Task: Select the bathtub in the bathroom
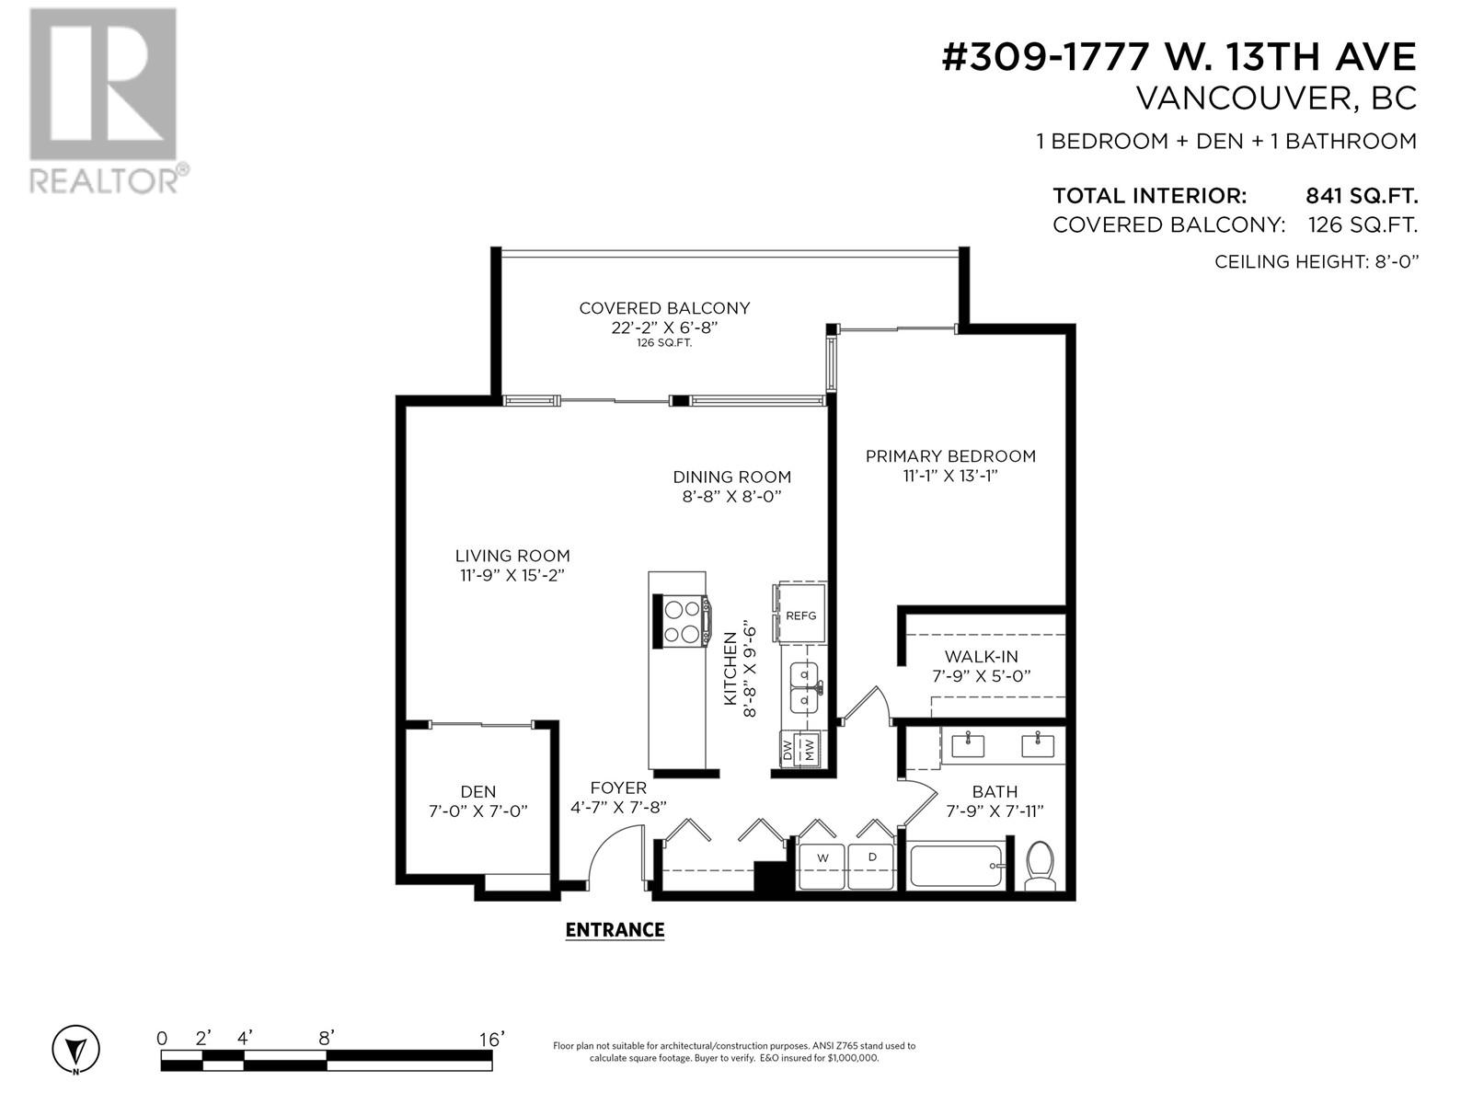tap(956, 867)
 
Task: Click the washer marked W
tap(822, 866)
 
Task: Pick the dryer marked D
tap(872, 866)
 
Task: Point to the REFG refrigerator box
tap(800, 615)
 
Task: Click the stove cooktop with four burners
tap(682, 621)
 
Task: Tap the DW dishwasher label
tap(788, 749)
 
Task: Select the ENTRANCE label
tap(615, 930)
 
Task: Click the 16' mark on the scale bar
tap(490, 1039)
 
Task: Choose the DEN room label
tap(477, 791)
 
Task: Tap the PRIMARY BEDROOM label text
tap(950, 456)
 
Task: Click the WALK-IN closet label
tap(981, 657)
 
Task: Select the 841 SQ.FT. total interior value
tap(1361, 196)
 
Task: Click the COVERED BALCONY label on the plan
tap(664, 308)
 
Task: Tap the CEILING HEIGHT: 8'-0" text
tap(1317, 261)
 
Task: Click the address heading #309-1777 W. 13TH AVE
tap(1179, 57)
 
